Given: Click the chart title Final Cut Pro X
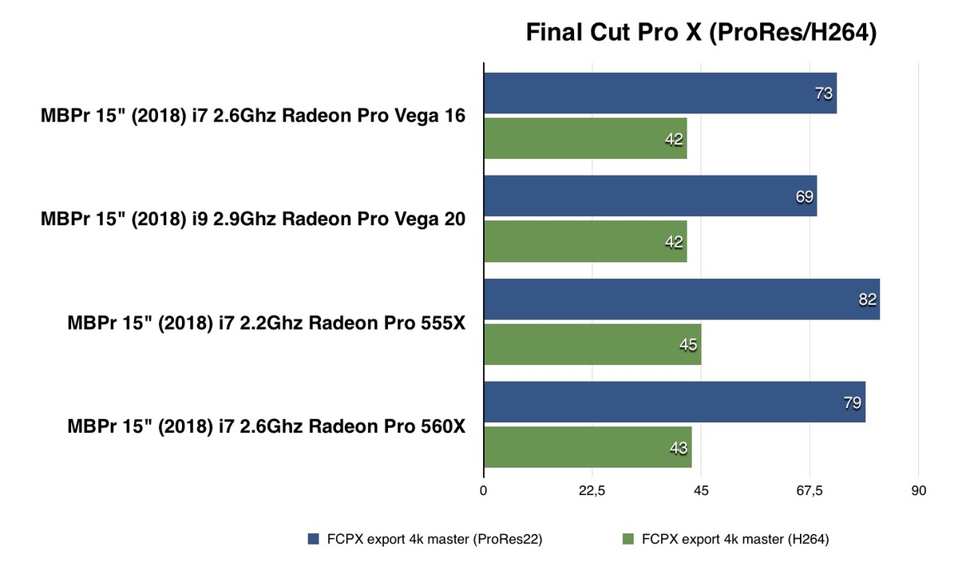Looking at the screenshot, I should pyautogui.click(x=701, y=33).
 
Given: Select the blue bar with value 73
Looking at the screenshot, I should pyautogui.click(x=659, y=93).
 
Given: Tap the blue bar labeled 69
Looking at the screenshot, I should pyautogui.click(x=650, y=196).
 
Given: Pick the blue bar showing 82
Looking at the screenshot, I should pyautogui.click(x=681, y=299).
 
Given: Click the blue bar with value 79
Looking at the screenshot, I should pyautogui.click(x=674, y=402).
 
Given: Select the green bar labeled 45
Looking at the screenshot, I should pyautogui.click(x=592, y=345).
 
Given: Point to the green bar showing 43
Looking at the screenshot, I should pyautogui.click(x=587, y=447).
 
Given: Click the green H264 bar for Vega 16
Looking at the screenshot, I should pyautogui.click(x=585, y=139).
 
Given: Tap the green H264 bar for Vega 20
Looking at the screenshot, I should pyautogui.click(x=585, y=241).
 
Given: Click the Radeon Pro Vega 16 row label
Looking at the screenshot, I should pyautogui.click(x=253, y=117).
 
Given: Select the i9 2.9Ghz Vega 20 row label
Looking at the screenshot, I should pyautogui.click(x=253, y=220).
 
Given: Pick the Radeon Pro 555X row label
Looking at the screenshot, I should pyautogui.click(x=267, y=323).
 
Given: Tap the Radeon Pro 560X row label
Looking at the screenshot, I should pyautogui.click(x=267, y=426).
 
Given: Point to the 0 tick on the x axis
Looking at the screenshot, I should pyautogui.click(x=484, y=491).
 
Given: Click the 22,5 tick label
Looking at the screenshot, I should pyautogui.click(x=592, y=491).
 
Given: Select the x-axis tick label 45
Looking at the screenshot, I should pyautogui.click(x=701, y=491).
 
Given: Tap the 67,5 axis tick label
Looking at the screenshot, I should pyautogui.click(x=810, y=491).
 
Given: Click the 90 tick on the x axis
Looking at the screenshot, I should pyautogui.click(x=919, y=491).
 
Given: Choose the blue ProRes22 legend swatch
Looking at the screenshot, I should pyautogui.click(x=313, y=540).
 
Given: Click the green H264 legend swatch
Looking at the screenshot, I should pyautogui.click(x=627, y=540).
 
